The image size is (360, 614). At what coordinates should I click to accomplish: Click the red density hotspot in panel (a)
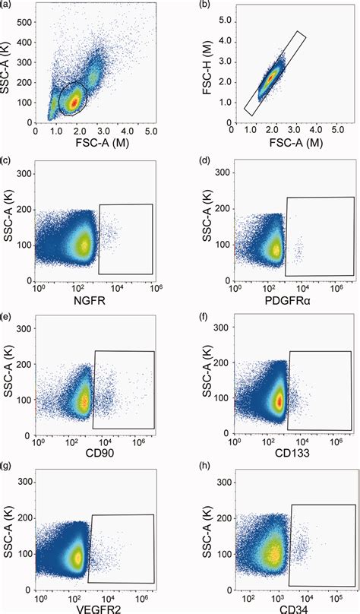coord(74,100)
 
